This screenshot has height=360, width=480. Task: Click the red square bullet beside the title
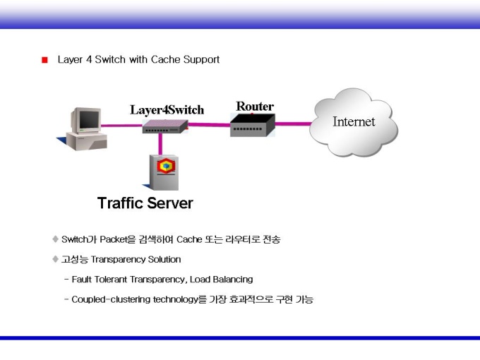coord(44,60)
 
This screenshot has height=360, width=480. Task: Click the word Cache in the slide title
coord(167,59)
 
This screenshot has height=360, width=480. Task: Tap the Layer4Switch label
coord(167,109)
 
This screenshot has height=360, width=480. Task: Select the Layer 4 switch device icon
coord(165,126)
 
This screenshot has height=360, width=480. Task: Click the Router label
coord(255,107)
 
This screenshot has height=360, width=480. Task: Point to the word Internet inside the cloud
coord(354,121)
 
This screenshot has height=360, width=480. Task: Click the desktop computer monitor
coord(88,121)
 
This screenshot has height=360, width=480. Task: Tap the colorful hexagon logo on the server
coord(166,166)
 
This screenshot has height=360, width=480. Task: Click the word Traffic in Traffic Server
coord(121,203)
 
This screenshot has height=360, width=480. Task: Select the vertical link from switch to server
coord(161,143)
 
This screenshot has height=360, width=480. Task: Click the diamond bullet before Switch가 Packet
coord(56,239)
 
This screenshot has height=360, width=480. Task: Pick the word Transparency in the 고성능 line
coord(120,259)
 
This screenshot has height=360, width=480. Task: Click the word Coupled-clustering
coord(106,299)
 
